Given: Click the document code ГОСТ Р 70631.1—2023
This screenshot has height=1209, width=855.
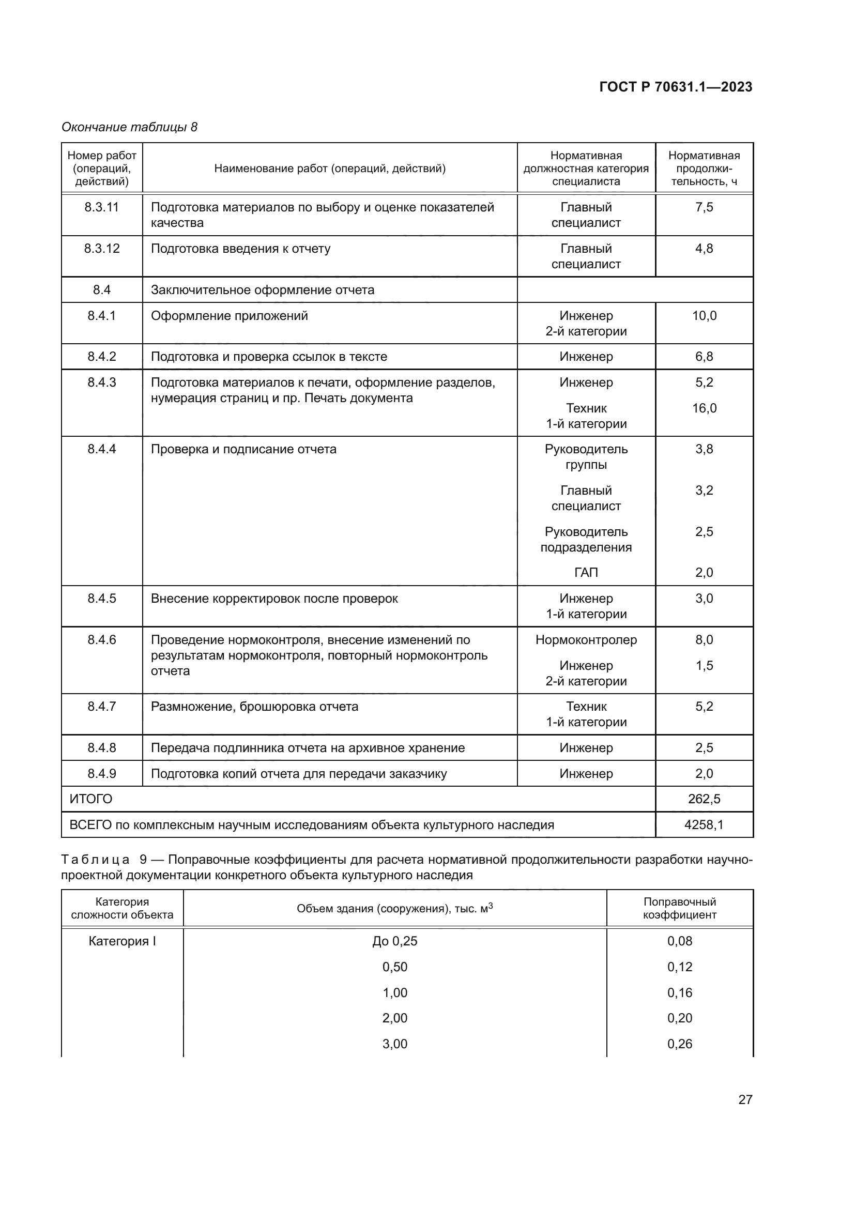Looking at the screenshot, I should [676, 87].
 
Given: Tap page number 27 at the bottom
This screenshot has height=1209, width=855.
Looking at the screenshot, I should [745, 1099].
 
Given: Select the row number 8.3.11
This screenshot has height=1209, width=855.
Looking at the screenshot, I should [102, 207].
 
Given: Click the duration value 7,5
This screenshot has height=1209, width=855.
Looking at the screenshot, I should [704, 207].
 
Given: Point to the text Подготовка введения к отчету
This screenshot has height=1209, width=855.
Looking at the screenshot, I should [240, 249].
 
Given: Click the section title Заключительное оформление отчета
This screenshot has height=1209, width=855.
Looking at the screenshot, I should [262, 289].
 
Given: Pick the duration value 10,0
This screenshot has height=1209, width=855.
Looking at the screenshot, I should [704, 315].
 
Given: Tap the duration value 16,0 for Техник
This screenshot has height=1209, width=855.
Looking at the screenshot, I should [704, 408].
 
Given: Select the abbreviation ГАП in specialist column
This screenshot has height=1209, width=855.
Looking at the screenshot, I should [586, 572].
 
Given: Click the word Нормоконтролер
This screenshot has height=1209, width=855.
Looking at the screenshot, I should [586, 640].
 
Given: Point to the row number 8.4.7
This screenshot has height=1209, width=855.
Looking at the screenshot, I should [102, 706].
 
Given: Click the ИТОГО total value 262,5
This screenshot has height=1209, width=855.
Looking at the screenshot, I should [704, 799].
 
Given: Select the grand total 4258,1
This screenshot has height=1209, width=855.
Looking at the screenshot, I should [704, 824].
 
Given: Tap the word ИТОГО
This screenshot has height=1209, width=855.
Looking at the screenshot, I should [91, 799].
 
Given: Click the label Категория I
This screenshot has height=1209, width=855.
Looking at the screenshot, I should [122, 941].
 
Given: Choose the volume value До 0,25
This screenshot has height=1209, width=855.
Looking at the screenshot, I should [395, 941].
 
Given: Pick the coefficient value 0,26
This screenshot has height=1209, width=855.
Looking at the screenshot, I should [680, 1044].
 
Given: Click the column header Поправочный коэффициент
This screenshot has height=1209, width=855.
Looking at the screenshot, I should [680, 908].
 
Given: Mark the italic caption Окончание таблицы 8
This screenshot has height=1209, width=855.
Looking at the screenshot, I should [130, 127].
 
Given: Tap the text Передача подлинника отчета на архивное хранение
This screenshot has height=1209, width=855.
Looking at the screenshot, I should [308, 748].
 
